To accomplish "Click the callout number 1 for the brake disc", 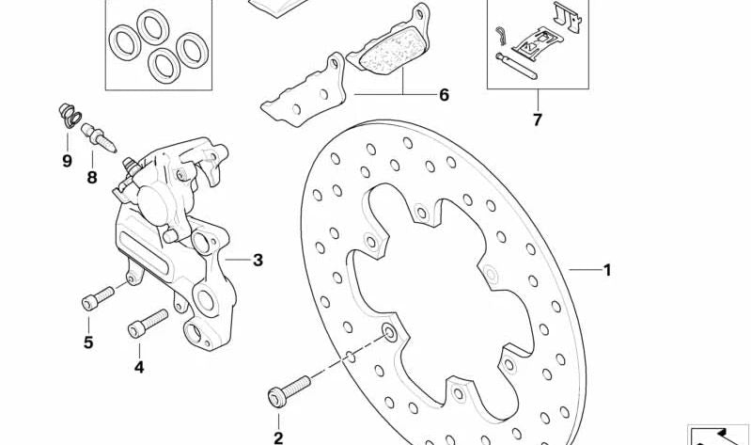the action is (x=607, y=270).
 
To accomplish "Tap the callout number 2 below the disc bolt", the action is (x=278, y=437).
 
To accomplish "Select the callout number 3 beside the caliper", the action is (x=258, y=261).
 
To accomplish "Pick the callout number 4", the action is (x=139, y=367).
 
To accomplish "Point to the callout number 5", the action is (x=88, y=342).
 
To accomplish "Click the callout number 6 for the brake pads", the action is (x=444, y=95).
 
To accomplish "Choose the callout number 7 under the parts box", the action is (x=538, y=119).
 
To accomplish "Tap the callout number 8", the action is (x=92, y=178).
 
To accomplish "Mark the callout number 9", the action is (x=67, y=161).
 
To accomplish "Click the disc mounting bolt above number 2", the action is (x=289, y=391).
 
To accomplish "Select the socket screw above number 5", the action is (x=98, y=298).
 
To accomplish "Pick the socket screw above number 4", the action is (x=148, y=324).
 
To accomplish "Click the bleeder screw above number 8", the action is (x=98, y=137).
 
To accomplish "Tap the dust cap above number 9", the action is (x=70, y=116).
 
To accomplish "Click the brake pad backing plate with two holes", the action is (x=304, y=92).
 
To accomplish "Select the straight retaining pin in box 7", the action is (x=516, y=66).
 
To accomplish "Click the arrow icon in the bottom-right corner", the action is (x=717, y=436).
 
